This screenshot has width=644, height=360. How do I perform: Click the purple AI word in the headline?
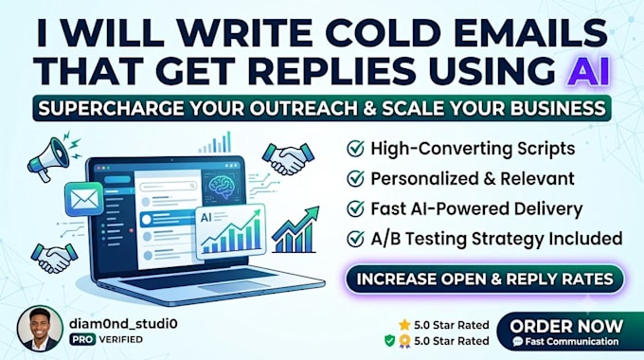click(587, 71)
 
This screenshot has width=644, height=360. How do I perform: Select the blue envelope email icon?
click(84, 199)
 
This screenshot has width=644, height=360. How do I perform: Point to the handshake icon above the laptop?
click(288, 158)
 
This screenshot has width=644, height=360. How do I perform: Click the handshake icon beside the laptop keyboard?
click(54, 258)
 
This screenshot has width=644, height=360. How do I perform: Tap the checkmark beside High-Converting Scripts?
click(355, 149)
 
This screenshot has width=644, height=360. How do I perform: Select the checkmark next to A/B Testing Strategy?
click(355, 239)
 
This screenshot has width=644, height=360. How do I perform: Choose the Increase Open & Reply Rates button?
click(485, 279)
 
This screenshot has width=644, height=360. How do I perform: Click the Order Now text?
click(566, 326)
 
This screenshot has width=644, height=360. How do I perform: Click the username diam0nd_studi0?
click(123, 324)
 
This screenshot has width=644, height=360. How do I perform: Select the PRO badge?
click(82, 339)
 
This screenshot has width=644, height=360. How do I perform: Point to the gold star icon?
click(404, 325)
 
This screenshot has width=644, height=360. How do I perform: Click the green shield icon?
click(390, 341)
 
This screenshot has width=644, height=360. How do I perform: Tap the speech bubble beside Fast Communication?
click(518, 341)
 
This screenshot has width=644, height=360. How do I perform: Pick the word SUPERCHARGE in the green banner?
click(111, 109)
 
